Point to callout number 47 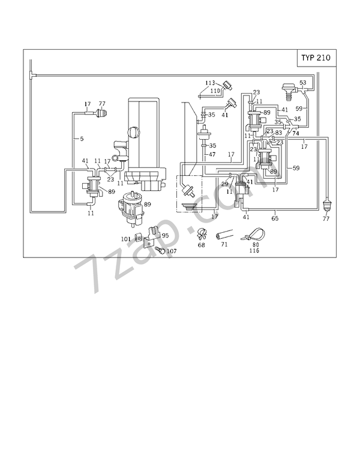tap(211, 155)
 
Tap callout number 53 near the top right tap(303, 82)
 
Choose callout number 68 tap(201, 245)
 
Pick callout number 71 tap(224, 245)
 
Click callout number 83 tap(278, 133)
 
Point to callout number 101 tap(125, 239)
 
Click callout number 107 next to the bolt tap(172, 251)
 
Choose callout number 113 tap(210, 83)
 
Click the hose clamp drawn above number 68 tap(200, 234)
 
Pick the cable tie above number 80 tap(253, 234)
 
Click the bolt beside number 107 tap(160, 249)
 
